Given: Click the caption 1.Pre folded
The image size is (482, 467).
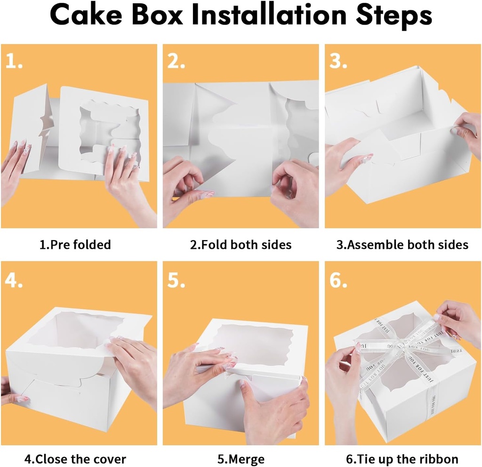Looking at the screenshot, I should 75,245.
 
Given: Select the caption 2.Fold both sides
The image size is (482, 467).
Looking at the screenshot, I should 241,245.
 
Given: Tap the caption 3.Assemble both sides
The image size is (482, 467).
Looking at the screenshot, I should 403,245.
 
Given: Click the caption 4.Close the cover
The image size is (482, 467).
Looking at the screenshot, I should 75,459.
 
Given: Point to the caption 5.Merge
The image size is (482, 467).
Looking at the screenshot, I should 241,459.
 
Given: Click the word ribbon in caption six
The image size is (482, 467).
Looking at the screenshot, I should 439,459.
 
